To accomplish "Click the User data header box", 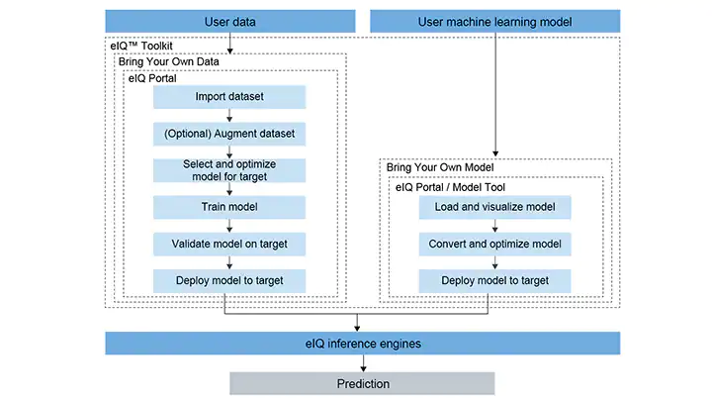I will click(x=229, y=22).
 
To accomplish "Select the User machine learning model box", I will click(x=494, y=22).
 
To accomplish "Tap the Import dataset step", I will click(x=229, y=97).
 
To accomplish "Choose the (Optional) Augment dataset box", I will click(x=229, y=133).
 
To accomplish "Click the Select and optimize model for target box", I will click(x=229, y=169).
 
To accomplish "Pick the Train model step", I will click(x=229, y=207).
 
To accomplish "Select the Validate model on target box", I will click(x=229, y=244).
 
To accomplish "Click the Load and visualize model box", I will click(x=494, y=207).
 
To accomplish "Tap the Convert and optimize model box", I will click(x=494, y=244).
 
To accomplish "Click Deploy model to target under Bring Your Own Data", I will click(x=229, y=280).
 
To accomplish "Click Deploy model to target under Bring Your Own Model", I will click(x=494, y=280).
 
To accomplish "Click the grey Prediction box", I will click(x=362, y=383).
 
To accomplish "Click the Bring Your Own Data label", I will click(x=167, y=61).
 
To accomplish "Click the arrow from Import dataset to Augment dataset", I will click(x=229, y=115).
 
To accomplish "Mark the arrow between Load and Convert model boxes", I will click(x=494, y=226).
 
